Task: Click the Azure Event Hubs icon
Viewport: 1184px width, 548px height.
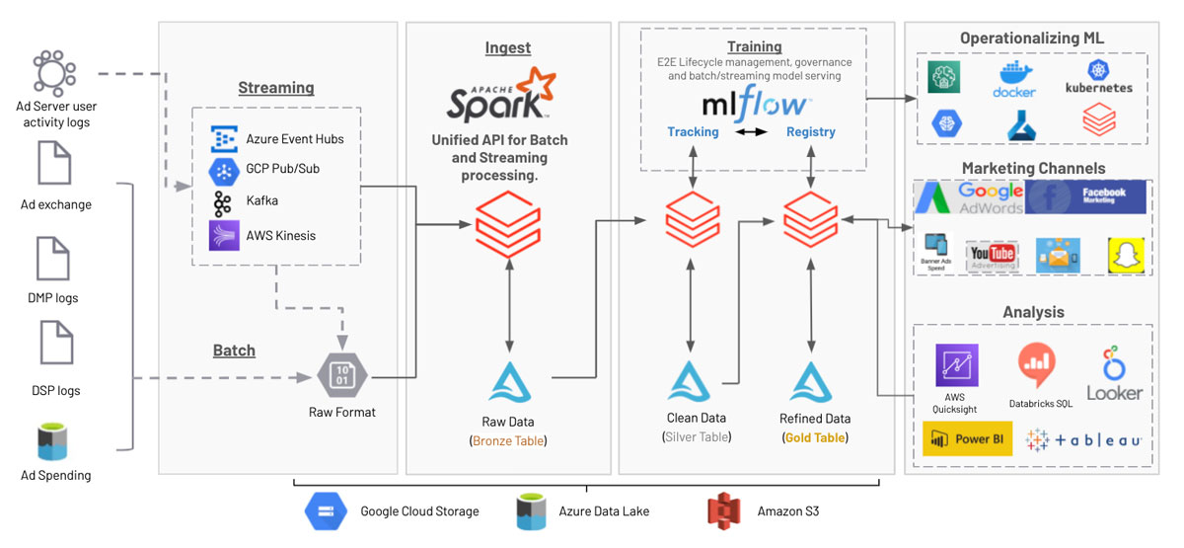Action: tap(223, 139)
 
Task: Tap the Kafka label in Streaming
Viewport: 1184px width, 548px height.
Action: tap(262, 200)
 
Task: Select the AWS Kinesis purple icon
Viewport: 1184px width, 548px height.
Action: tap(224, 235)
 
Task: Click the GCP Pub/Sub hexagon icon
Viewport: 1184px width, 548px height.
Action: tap(224, 170)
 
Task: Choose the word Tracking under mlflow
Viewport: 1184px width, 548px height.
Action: tap(693, 131)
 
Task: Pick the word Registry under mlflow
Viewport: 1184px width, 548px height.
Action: tap(810, 131)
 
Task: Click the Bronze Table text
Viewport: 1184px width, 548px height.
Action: tap(509, 440)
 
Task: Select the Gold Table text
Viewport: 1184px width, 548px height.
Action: tap(815, 436)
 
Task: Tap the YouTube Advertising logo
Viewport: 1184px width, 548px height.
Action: tap(991, 255)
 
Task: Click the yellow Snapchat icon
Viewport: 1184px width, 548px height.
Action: tap(1123, 254)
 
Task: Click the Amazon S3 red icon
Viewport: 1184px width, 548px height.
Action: tap(723, 510)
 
